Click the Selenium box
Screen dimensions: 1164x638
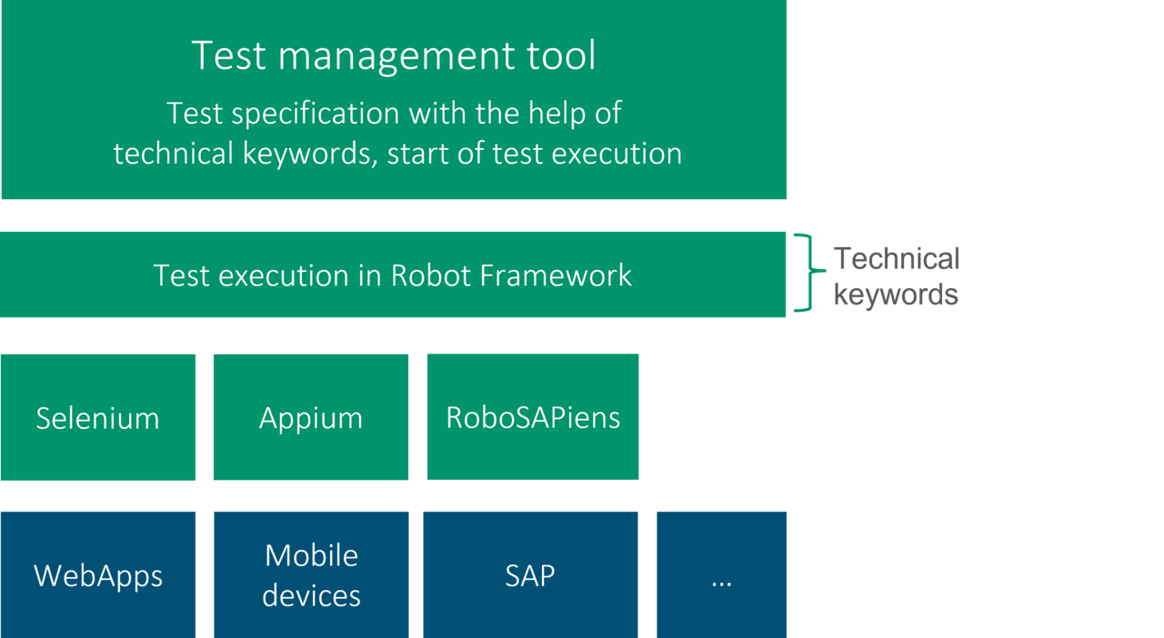pyautogui.click(x=98, y=417)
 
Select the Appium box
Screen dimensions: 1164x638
pyautogui.click(x=311, y=417)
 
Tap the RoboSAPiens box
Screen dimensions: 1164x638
pyautogui.click(x=533, y=416)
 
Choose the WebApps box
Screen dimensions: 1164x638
pyautogui.click(x=98, y=574)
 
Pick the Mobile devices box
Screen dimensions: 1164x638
pyautogui.click(x=311, y=574)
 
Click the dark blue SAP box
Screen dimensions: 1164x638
pyautogui.click(x=530, y=574)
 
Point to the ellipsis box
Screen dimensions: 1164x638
pyautogui.click(x=721, y=574)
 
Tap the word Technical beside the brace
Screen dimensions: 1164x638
pyautogui.click(x=897, y=258)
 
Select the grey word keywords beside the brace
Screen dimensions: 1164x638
pyautogui.click(x=896, y=294)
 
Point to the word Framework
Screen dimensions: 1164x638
pyautogui.click(x=556, y=274)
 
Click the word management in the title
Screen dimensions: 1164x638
pyautogui.click(x=392, y=57)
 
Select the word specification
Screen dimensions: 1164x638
pyautogui.click(x=316, y=115)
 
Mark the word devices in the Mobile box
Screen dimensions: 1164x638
pyautogui.click(x=311, y=595)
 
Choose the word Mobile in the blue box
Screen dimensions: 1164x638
pyautogui.click(x=311, y=555)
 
